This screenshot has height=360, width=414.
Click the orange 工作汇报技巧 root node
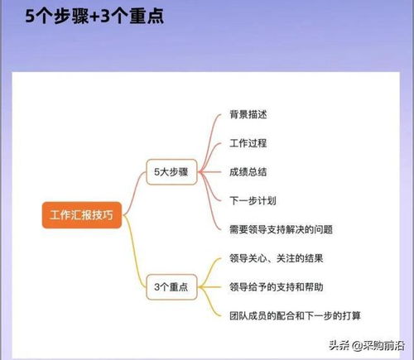point(82,215)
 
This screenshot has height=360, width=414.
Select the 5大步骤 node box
point(171,172)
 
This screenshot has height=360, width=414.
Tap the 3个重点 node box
point(171,287)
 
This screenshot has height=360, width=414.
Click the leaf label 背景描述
point(248,114)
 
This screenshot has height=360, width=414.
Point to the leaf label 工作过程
point(248,143)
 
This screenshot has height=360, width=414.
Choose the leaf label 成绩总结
point(248,172)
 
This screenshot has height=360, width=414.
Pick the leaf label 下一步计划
point(253,200)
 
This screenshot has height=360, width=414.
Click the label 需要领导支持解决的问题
point(281,229)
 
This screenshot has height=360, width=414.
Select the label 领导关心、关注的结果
point(277,258)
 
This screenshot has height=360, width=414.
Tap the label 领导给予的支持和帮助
point(277,287)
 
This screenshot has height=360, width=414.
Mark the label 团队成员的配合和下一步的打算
point(295,315)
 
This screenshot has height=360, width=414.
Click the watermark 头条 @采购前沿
point(367,345)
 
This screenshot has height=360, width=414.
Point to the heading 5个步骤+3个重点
point(94,16)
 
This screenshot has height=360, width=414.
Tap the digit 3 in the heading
point(105,17)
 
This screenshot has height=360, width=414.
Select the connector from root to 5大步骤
point(133,193)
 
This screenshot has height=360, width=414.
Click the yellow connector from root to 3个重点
point(134,251)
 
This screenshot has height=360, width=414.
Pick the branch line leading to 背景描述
point(208,141)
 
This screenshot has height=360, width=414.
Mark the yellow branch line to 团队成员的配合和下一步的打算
point(209,301)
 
